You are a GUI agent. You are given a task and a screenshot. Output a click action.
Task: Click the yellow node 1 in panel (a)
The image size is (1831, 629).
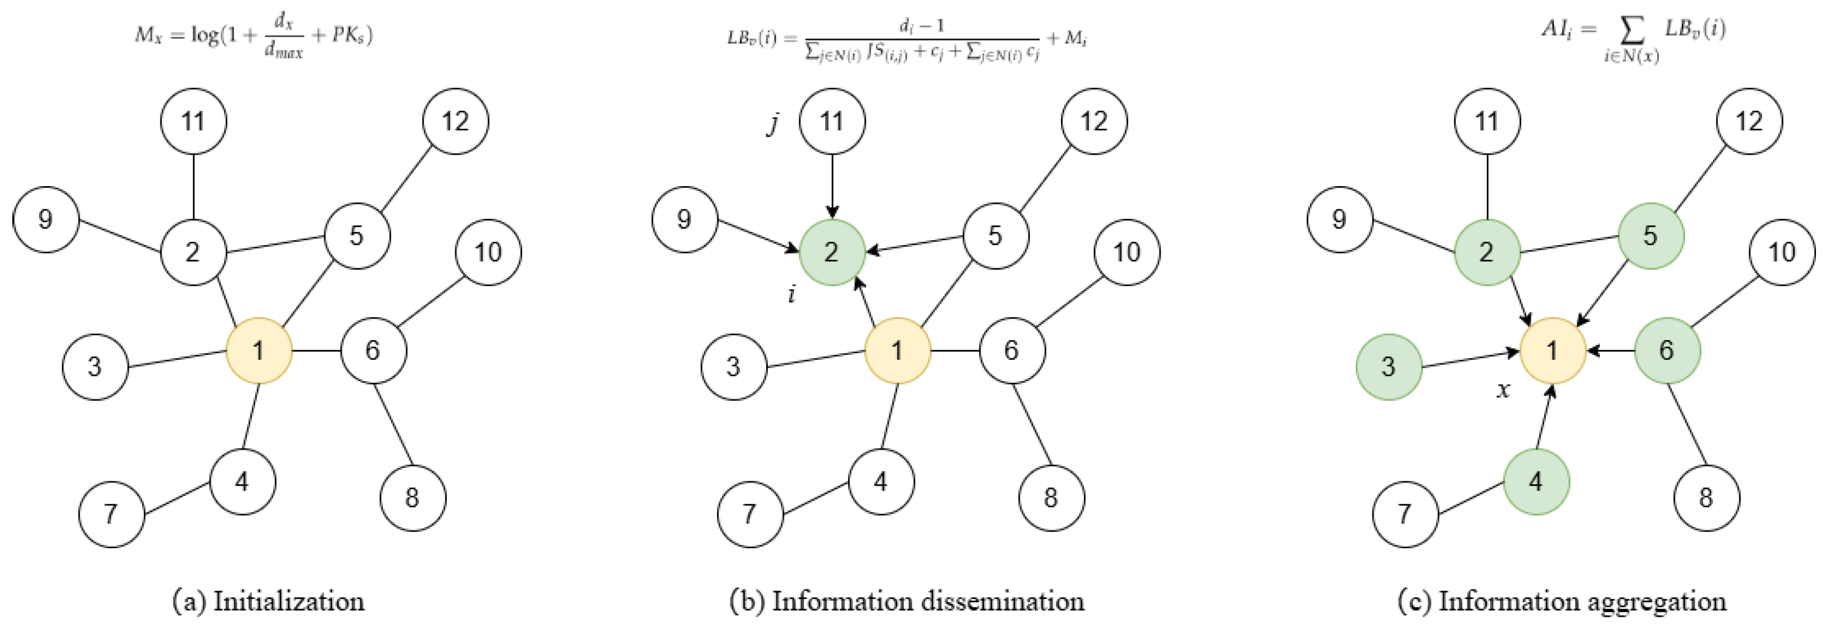(259, 350)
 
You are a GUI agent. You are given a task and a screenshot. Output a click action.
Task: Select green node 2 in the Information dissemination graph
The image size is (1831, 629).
(831, 252)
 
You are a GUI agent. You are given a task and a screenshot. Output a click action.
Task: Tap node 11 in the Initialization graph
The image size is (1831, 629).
(193, 121)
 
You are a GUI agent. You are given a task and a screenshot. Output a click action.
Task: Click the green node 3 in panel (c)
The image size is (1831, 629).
(1388, 367)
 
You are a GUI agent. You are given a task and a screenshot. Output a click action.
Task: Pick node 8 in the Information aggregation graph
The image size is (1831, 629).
(1706, 498)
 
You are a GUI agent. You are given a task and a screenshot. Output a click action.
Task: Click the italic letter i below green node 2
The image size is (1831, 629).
(792, 293)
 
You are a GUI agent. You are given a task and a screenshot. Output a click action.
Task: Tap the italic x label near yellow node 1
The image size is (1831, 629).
(1503, 389)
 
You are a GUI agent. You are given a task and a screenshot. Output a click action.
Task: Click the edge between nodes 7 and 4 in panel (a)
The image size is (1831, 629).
(177, 498)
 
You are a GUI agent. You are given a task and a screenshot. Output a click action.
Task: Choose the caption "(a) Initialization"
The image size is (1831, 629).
(269, 601)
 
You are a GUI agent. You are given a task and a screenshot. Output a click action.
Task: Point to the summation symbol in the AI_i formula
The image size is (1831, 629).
(1632, 30)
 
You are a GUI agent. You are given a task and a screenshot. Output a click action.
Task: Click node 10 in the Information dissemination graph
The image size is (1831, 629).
(1127, 252)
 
